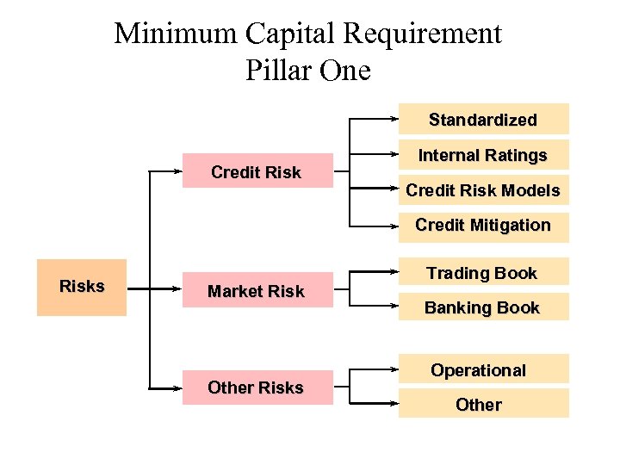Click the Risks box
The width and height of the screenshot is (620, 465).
coord(82,287)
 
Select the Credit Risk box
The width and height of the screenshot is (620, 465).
coord(256,171)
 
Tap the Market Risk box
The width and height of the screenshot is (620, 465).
coord(256,291)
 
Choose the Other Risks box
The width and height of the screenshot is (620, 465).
coord(256,387)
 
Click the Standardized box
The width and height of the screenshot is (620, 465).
coord(482,119)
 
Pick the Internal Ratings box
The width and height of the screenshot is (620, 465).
coord(482,155)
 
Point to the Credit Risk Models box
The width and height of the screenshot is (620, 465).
coord(482,190)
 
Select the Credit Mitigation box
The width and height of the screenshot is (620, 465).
coord(482,226)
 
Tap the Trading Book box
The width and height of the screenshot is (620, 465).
coord(482,272)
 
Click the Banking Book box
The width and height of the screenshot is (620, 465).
coord(482,307)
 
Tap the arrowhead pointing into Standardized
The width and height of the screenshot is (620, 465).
coord(394,118)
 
